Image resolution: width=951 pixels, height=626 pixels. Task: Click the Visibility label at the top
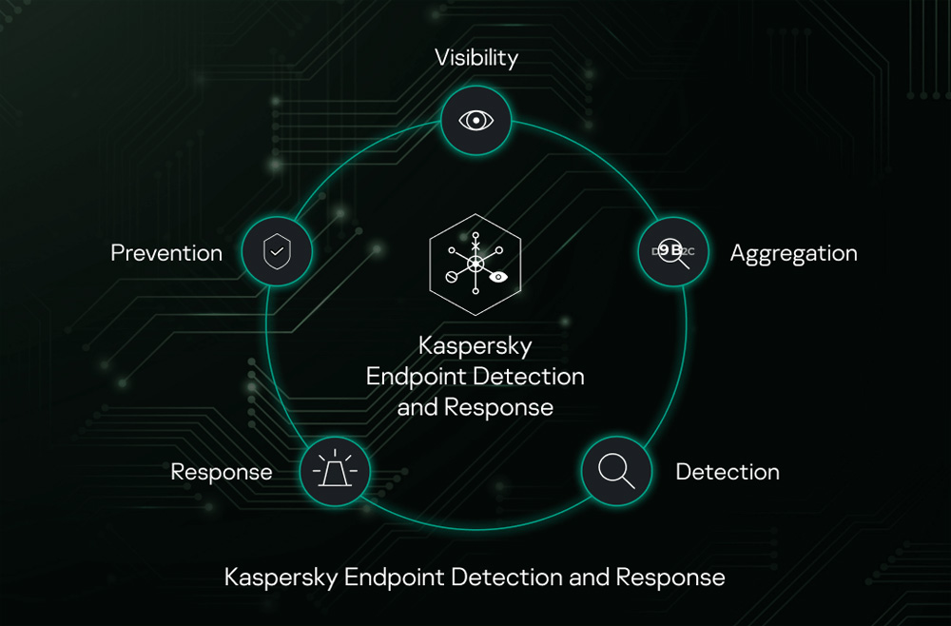(x=475, y=57)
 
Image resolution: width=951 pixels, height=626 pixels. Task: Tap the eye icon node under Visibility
(x=475, y=121)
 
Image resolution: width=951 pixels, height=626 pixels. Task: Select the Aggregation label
(x=793, y=253)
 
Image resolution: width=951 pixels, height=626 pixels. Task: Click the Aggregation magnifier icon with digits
(x=671, y=251)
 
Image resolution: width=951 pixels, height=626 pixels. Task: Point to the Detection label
(x=728, y=472)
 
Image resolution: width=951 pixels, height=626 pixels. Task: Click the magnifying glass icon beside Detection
(x=616, y=471)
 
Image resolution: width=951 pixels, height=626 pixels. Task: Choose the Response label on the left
(x=222, y=472)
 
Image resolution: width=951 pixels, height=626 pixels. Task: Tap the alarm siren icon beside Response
(x=334, y=470)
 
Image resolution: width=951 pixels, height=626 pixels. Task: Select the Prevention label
(x=166, y=253)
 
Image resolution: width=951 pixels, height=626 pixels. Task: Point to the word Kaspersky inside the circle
(x=475, y=345)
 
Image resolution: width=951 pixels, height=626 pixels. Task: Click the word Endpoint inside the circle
(x=417, y=376)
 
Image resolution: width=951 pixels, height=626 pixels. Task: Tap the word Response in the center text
(x=498, y=407)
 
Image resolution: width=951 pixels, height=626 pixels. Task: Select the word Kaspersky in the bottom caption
(x=281, y=577)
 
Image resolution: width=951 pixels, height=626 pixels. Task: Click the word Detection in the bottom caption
(x=506, y=577)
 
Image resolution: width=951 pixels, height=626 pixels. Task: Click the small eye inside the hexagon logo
(x=498, y=278)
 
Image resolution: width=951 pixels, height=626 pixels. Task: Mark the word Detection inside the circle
(x=529, y=376)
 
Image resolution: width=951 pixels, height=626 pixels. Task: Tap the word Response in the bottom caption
(x=670, y=577)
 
